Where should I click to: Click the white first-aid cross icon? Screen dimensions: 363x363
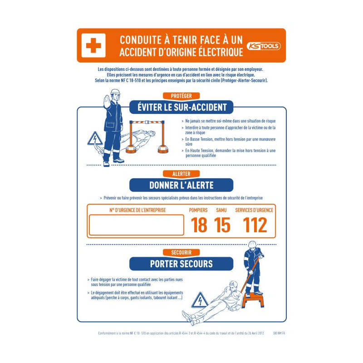(x=93, y=45)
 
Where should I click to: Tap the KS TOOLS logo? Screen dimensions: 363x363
(x=264, y=46)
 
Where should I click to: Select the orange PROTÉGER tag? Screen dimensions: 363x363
(x=181, y=96)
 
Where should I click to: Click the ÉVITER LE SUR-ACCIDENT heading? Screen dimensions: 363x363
(x=181, y=108)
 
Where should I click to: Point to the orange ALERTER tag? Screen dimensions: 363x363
(x=181, y=174)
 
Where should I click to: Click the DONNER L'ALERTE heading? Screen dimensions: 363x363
(x=181, y=185)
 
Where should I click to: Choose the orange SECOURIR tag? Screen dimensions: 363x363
(x=181, y=252)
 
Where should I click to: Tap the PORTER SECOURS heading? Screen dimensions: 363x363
(x=181, y=264)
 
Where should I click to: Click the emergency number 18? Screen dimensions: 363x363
(x=199, y=225)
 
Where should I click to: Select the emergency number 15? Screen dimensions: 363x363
(x=222, y=225)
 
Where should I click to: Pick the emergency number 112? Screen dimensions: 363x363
(x=255, y=225)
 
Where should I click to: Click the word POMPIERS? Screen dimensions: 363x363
(x=198, y=210)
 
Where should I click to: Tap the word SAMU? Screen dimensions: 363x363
(x=221, y=210)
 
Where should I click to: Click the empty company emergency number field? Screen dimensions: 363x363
(x=136, y=225)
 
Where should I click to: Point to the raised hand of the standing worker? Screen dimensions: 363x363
(x=103, y=98)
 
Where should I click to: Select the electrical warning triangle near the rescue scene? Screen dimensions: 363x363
(x=199, y=300)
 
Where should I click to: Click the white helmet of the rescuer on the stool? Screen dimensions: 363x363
(x=252, y=244)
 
